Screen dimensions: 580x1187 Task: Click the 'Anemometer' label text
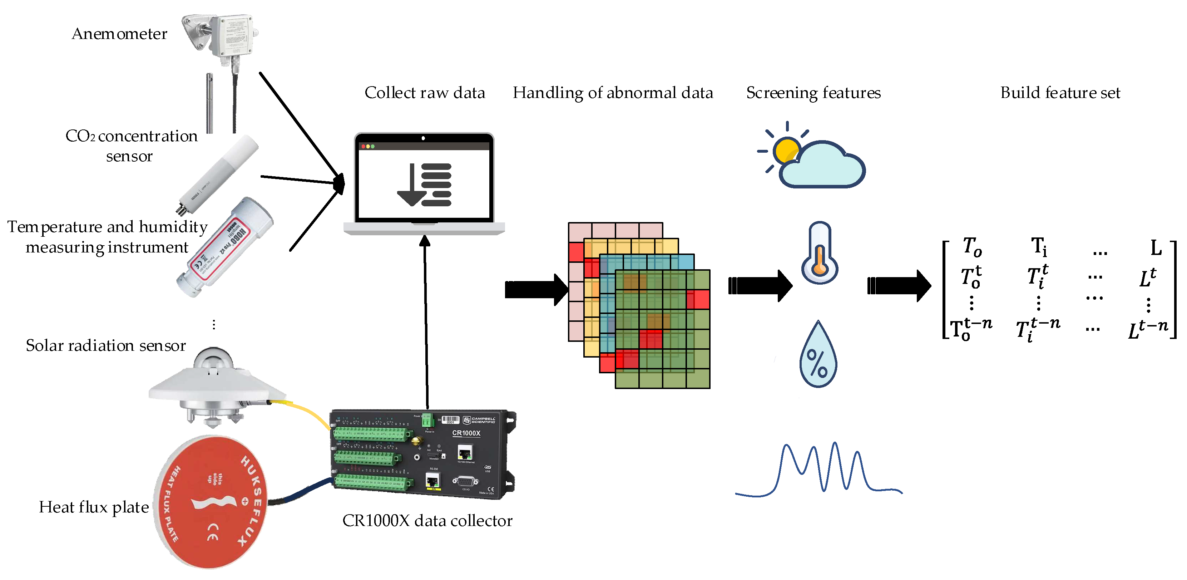click(119, 34)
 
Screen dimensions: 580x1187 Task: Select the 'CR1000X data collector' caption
click(427, 521)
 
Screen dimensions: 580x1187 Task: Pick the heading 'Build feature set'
click(1060, 93)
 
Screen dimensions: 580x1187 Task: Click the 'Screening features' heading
click(813, 93)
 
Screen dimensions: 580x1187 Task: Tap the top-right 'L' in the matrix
click(1156, 247)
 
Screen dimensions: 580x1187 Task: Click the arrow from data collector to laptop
click(426, 323)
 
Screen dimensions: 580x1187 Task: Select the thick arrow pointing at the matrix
click(899, 286)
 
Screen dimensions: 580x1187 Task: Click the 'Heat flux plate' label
click(94, 507)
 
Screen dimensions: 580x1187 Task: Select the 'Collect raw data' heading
click(424, 93)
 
